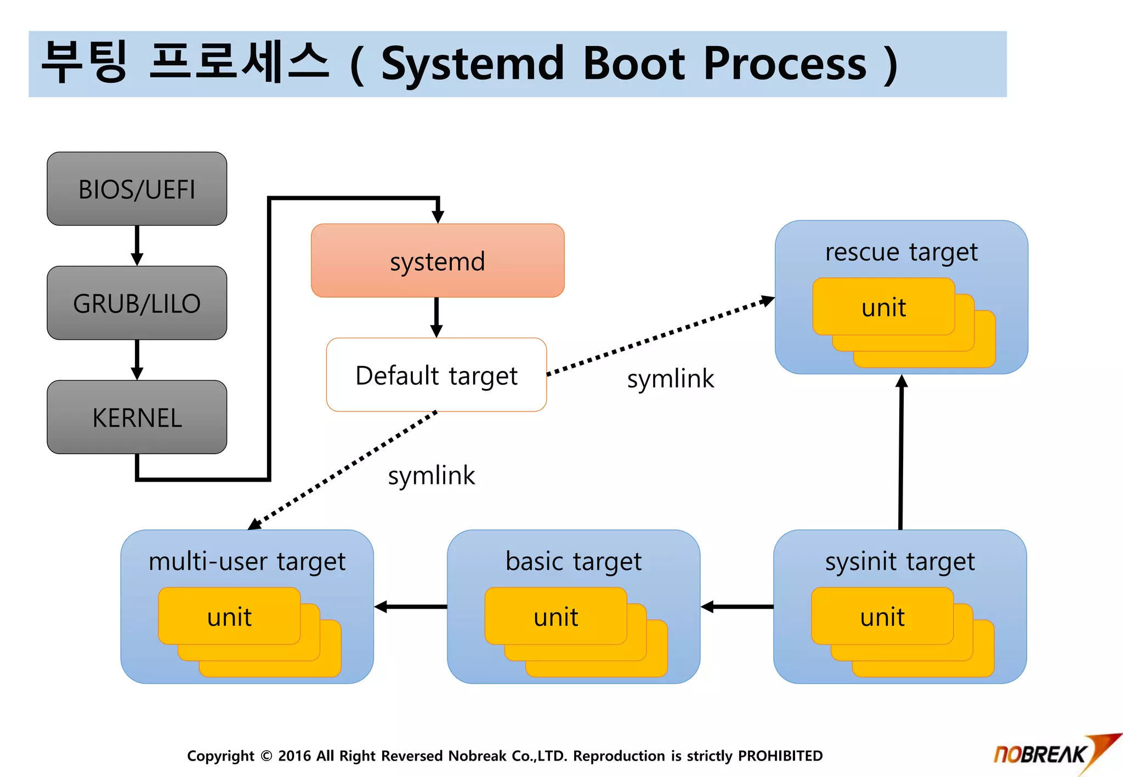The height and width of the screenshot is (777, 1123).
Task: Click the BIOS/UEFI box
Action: point(137,189)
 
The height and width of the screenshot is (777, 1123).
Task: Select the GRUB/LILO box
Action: point(137,303)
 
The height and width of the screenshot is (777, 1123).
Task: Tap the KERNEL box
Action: point(137,418)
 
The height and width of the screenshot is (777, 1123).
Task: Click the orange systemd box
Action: point(437,261)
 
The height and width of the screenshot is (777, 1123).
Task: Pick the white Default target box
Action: point(436,375)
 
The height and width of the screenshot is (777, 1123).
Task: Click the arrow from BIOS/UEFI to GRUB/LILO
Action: point(137,245)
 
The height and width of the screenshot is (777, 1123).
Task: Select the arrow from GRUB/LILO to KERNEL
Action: point(137,359)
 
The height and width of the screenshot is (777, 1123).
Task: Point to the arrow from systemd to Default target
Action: point(436,317)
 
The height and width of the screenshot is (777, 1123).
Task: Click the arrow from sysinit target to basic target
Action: point(737,607)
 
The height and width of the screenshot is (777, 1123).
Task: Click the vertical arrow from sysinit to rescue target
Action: point(901,452)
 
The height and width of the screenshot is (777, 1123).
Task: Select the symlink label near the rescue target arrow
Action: point(670,379)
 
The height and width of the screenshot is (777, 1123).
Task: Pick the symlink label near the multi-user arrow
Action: point(431,475)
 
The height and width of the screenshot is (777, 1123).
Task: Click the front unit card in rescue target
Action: point(883,307)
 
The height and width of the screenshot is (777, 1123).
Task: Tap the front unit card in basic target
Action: point(555,616)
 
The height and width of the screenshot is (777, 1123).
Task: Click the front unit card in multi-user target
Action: point(229,616)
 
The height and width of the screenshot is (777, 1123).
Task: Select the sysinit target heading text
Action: point(900,562)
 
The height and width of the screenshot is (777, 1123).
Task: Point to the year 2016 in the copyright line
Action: point(294,756)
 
